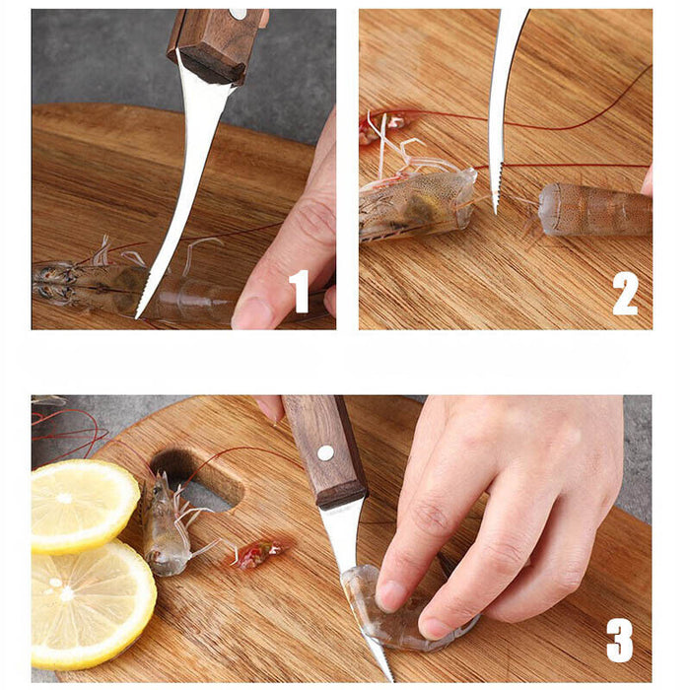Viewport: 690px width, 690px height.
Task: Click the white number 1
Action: coord(299,292)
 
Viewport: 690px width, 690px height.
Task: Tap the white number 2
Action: coord(625,293)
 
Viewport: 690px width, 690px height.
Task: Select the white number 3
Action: coord(619,640)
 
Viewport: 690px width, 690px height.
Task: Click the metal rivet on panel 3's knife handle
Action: coord(324,453)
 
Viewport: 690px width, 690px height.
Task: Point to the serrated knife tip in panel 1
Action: coord(143,308)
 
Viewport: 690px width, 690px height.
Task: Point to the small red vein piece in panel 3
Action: coord(255,554)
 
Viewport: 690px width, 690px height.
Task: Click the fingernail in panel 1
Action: coord(253,314)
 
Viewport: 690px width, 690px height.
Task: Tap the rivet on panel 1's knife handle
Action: coord(237,13)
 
